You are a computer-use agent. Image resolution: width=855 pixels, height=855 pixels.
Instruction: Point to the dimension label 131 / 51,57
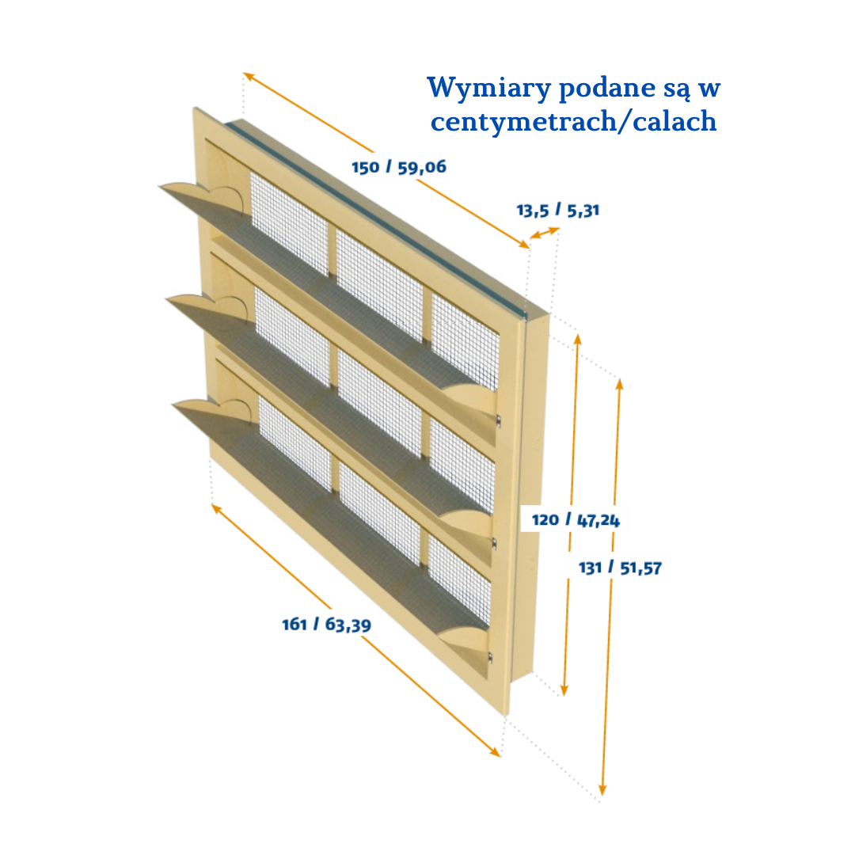tap(620, 568)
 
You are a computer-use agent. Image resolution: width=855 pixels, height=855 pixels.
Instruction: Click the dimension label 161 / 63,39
tap(326, 624)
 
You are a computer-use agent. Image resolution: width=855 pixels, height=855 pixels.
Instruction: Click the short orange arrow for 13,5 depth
tap(545, 234)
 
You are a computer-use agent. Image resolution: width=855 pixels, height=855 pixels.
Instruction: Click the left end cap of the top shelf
tap(203, 195)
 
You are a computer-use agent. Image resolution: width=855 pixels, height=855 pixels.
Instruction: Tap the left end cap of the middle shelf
tap(211, 305)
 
